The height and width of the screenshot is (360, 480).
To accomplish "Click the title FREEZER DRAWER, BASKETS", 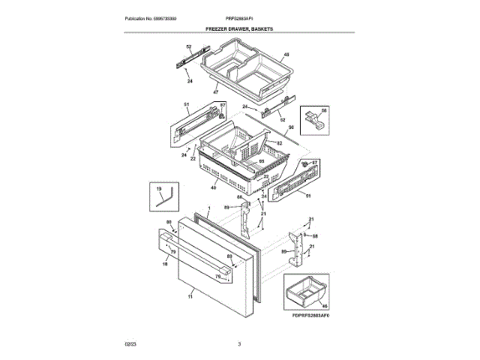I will (x=239, y=28).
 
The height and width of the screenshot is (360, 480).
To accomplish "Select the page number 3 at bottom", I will (x=239, y=344).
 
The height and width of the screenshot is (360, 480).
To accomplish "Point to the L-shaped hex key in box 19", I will (x=165, y=199).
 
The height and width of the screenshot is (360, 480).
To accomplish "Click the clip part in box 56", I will (x=316, y=121).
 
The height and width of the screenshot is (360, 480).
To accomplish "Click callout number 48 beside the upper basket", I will (x=286, y=55).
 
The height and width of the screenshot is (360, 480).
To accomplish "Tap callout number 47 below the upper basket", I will (x=215, y=92).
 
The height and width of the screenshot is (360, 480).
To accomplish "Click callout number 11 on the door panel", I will (x=190, y=297).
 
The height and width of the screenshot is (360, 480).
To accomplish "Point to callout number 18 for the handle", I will (x=164, y=264).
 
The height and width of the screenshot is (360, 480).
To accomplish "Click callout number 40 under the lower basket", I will (x=213, y=188).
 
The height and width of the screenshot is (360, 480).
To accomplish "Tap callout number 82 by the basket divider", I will (x=279, y=142).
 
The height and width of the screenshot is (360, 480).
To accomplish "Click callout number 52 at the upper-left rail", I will (x=189, y=48).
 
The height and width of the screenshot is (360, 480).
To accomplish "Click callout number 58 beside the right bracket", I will (x=315, y=236).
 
